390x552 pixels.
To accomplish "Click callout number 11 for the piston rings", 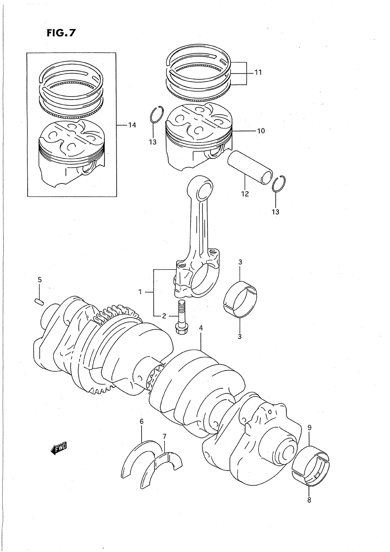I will pyautogui.click(x=258, y=72).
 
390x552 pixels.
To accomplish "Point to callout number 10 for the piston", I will pyautogui.click(x=261, y=131).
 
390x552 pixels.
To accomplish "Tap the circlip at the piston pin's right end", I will pyautogui.click(x=279, y=183).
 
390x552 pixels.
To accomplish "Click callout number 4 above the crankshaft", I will pyautogui.click(x=201, y=328).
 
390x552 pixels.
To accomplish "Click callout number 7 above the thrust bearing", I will pyautogui.click(x=165, y=436).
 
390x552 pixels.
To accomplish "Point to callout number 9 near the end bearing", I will pyautogui.click(x=309, y=428).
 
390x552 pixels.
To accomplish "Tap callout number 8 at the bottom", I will pyautogui.click(x=309, y=501).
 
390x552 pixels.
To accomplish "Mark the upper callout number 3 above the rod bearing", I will pyautogui.click(x=240, y=262).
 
